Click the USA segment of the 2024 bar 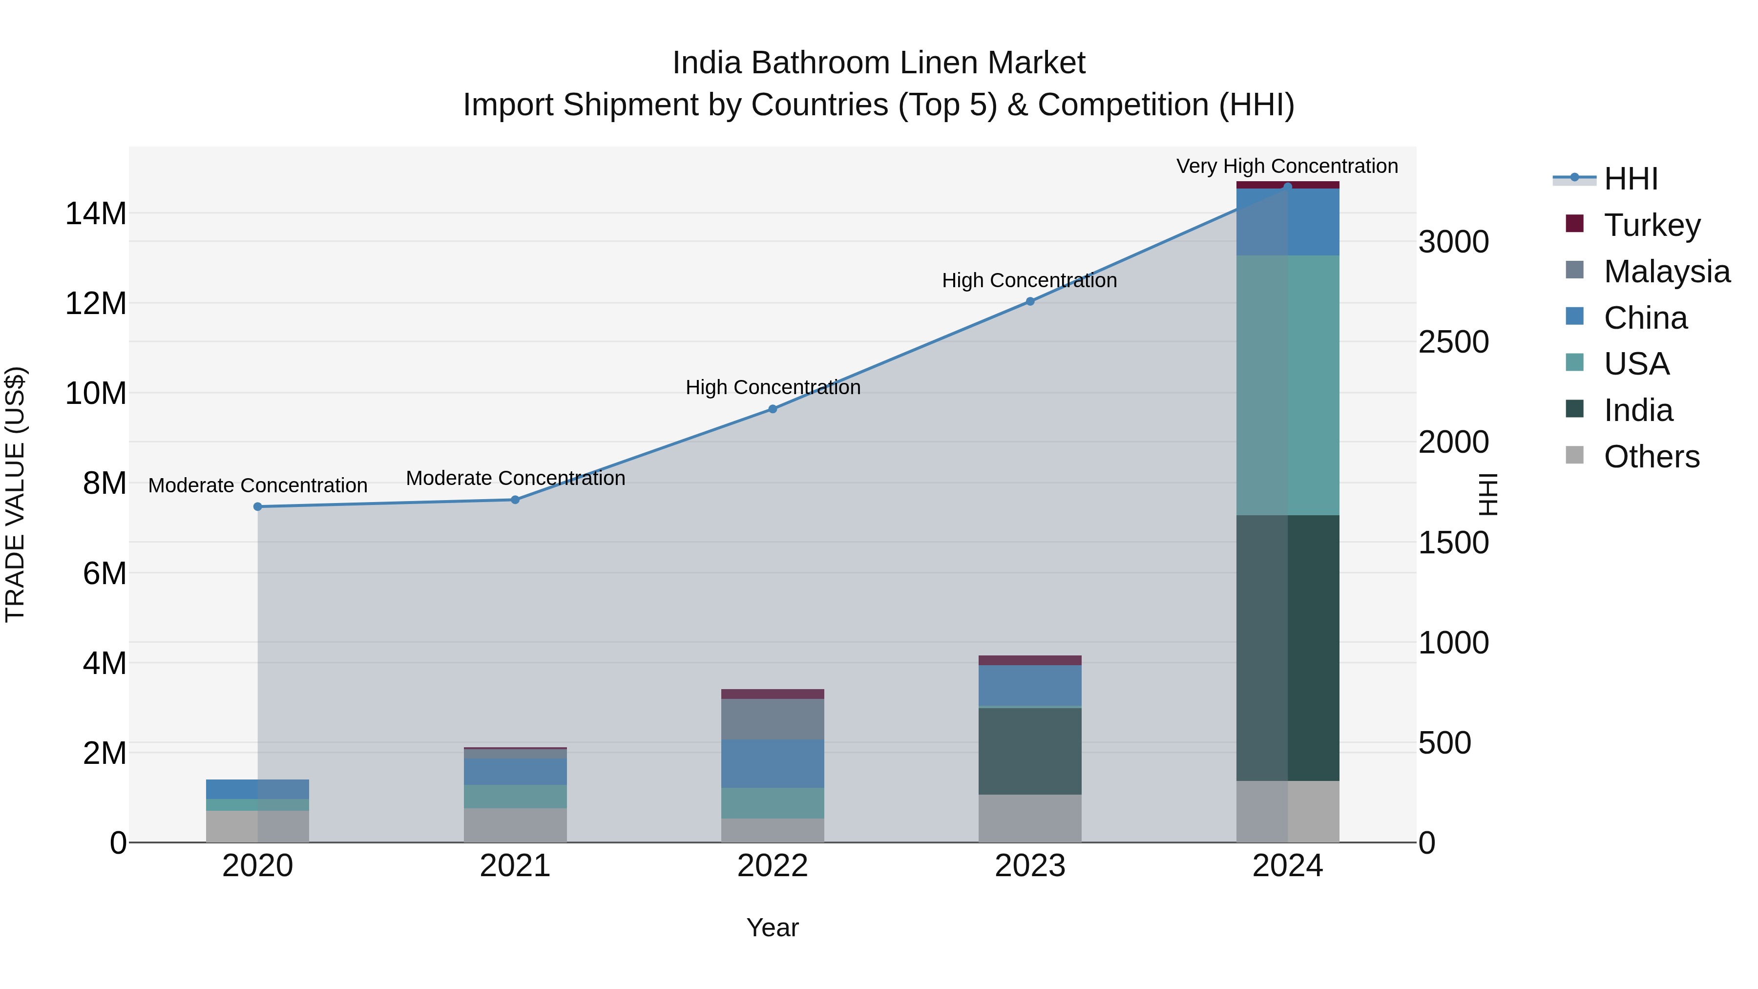[1287, 386]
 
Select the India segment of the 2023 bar [1030, 751]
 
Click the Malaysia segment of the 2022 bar [773, 719]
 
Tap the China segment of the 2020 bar [257, 789]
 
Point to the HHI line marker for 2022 [773, 409]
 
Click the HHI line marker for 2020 [257, 506]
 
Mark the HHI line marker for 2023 [1030, 301]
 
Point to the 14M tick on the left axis [96, 213]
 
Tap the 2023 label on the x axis [1030, 865]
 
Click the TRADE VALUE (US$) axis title [15, 494]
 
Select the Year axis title [772, 927]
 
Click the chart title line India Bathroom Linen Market [879, 63]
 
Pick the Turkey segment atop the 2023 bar [1030, 660]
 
